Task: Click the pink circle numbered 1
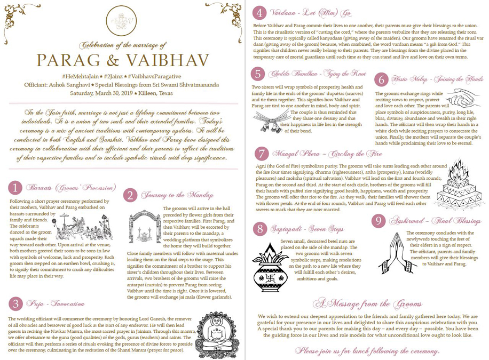coord(16,187)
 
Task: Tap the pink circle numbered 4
coord(259,13)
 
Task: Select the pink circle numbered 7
coord(261,154)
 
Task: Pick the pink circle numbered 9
coord(378,220)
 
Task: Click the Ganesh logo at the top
coord(122,22)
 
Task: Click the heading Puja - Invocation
coord(56,304)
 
